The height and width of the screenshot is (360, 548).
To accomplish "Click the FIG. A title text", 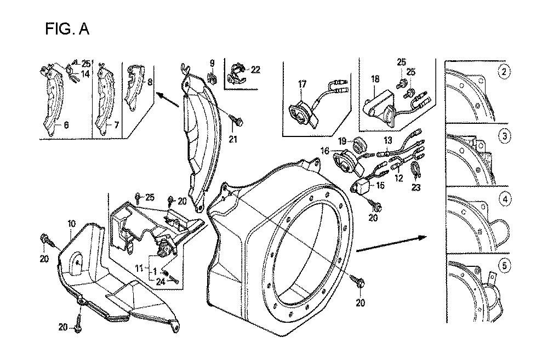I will [x=67, y=29].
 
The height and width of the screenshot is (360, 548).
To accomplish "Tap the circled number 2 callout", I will [x=504, y=71].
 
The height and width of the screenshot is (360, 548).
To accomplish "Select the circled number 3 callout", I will [x=504, y=136].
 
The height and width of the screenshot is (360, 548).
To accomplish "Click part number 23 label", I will [x=417, y=187].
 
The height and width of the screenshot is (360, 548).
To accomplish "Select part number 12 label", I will [x=399, y=178].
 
